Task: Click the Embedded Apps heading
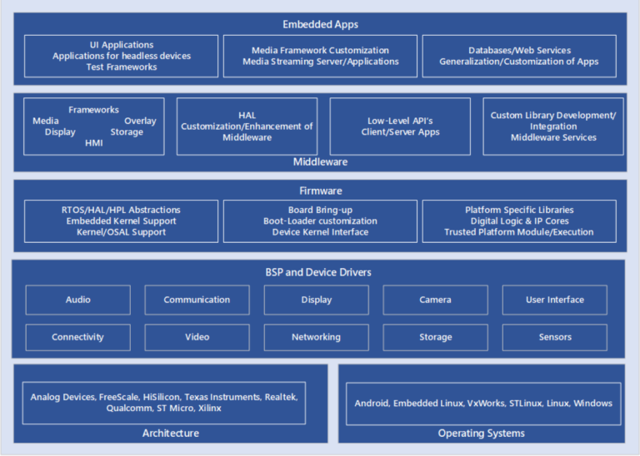[320, 24]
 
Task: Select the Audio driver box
[78, 300]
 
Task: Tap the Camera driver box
[435, 300]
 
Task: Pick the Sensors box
[554, 337]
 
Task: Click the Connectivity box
[78, 337]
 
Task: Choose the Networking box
[316, 337]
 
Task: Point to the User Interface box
[554, 300]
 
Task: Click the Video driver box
[197, 337]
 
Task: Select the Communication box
[197, 300]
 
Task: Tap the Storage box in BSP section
[435, 337]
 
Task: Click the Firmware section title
[320, 191]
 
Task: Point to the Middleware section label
[320, 161]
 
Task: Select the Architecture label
[170, 433]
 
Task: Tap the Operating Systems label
[481, 433]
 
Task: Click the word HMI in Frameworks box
[94, 143]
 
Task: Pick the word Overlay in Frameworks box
[140, 121]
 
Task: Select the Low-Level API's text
[400, 121]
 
